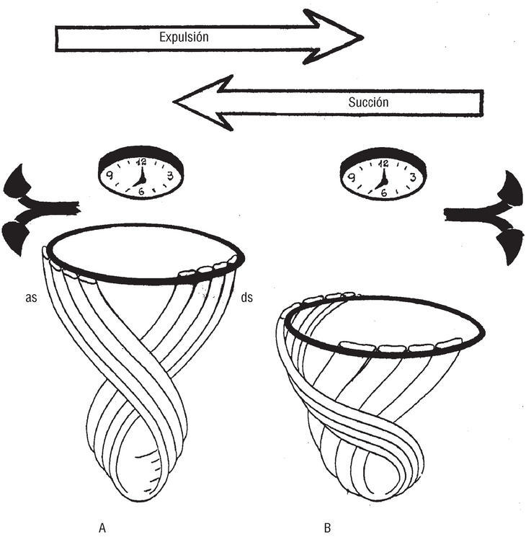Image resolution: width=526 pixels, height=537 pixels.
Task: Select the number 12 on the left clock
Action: point(140,162)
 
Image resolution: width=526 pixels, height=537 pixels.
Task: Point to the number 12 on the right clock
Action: point(383,162)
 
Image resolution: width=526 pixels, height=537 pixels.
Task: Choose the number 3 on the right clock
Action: point(411,175)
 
